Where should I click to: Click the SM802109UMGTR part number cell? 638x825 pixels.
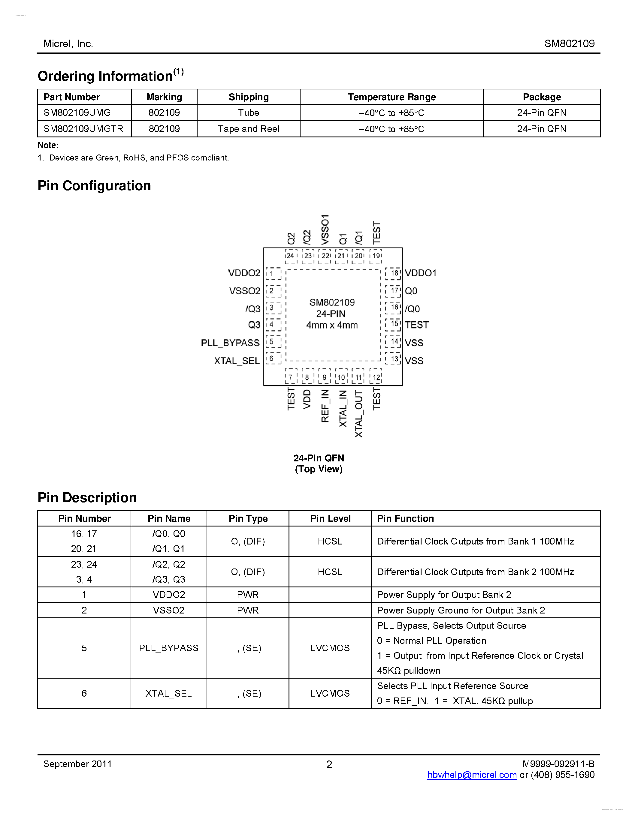pyautogui.click(x=83, y=129)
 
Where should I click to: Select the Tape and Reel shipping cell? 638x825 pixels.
pyautogui.click(x=248, y=129)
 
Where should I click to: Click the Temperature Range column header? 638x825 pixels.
pyautogui.click(x=392, y=97)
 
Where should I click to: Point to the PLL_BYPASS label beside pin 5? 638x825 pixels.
pyautogui.click(x=230, y=343)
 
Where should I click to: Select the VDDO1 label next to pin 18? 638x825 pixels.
pyautogui.click(x=420, y=273)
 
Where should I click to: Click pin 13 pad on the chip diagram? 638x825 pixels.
pyautogui.click(x=394, y=358)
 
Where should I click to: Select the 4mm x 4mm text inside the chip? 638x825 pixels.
pyautogui.click(x=331, y=325)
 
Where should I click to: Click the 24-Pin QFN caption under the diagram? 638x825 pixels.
pyautogui.click(x=319, y=458)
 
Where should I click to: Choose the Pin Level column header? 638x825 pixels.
pyautogui.click(x=330, y=519)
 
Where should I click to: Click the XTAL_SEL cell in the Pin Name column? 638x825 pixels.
pyautogui.click(x=168, y=694)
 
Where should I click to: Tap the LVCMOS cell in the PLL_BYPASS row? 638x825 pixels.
pyautogui.click(x=330, y=648)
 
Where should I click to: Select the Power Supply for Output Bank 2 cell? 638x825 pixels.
pyautogui.click(x=444, y=595)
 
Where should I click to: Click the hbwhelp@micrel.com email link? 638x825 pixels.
pyautogui.click(x=472, y=775)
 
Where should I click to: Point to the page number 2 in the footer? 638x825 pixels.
pyautogui.click(x=329, y=765)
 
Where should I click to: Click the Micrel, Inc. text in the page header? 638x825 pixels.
pyautogui.click(x=68, y=44)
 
